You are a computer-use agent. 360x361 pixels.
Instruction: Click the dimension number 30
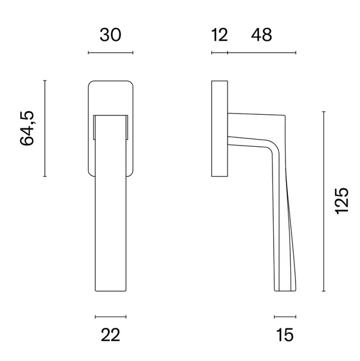click(111, 35)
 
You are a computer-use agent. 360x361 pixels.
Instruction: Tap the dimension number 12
click(219, 35)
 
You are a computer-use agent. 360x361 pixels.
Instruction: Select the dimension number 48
click(261, 35)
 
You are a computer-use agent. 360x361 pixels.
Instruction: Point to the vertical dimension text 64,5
click(27, 128)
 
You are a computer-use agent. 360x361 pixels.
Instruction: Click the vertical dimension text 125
click(342, 201)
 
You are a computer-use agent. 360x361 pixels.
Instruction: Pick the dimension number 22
click(111, 335)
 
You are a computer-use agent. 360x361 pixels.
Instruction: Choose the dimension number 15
click(285, 335)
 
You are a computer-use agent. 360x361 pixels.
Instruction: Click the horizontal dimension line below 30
click(111, 53)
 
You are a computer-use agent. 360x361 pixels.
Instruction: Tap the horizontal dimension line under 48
click(262, 53)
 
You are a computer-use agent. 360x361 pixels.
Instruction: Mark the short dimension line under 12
click(219, 53)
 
